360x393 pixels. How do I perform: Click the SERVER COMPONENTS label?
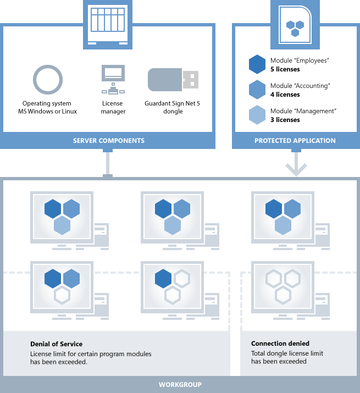(x=108, y=141)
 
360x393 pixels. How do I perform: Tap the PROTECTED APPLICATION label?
(x=295, y=141)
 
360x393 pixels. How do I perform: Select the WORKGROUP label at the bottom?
(x=180, y=384)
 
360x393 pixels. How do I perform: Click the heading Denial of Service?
(x=57, y=344)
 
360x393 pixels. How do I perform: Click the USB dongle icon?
(x=173, y=80)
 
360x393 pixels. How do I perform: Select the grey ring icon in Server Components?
(x=48, y=80)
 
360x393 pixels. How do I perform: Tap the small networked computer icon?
(x=113, y=79)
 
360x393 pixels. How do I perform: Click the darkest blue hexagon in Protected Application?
(x=257, y=64)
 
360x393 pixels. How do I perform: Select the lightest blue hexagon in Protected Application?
(x=257, y=115)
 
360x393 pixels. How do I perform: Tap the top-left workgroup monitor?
(x=62, y=216)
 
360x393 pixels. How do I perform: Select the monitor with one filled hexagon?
(x=172, y=286)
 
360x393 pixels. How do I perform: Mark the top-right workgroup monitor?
(x=283, y=216)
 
